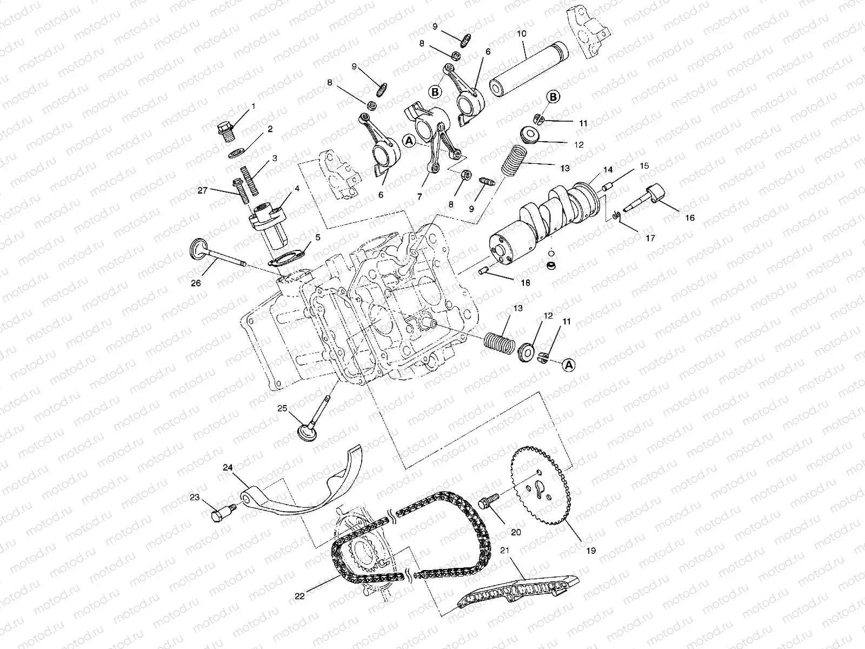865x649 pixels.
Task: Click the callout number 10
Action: (x=521, y=34)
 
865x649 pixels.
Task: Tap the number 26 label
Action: (x=196, y=282)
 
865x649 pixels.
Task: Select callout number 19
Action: (x=590, y=551)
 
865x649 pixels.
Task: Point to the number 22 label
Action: (x=300, y=596)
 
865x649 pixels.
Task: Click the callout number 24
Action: (x=228, y=467)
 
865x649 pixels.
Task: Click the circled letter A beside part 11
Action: (x=568, y=365)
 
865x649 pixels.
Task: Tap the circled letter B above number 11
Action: (x=553, y=97)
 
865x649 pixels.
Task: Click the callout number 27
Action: (x=202, y=190)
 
